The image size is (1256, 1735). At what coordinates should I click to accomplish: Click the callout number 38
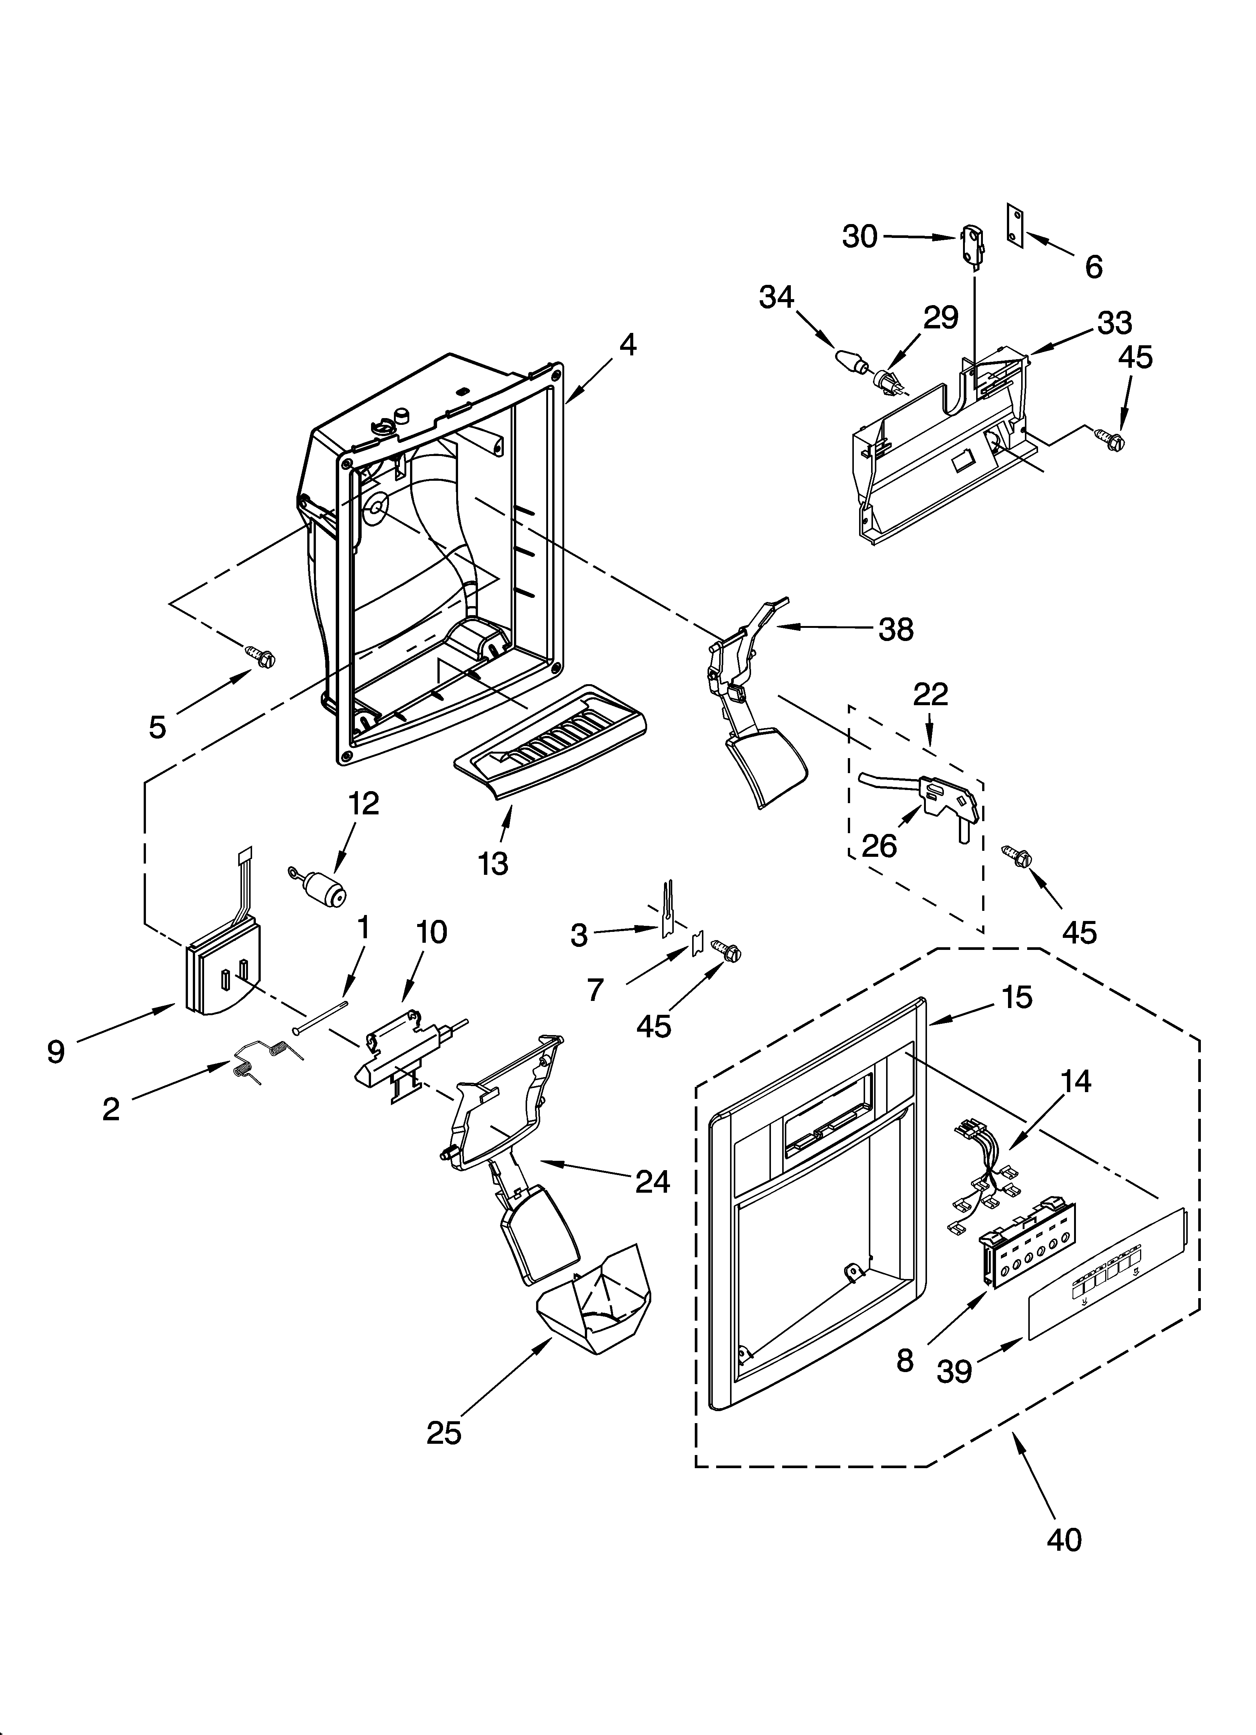coord(896,630)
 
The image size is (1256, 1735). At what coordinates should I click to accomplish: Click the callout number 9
coord(56,1052)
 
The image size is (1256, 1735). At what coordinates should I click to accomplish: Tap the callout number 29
coord(940,317)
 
